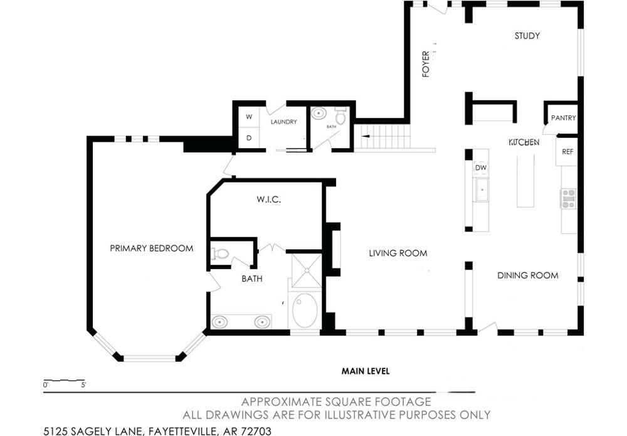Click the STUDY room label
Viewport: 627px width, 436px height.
coord(527,36)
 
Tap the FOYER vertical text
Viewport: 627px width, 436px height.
coord(426,64)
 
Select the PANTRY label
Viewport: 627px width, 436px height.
coord(563,118)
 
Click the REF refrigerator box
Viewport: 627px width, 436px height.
coord(567,152)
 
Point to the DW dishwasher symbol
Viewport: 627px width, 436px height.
coord(481,168)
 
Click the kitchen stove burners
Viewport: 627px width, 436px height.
coord(568,199)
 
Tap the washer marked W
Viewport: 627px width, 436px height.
coord(249,117)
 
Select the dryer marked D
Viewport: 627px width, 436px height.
coord(249,138)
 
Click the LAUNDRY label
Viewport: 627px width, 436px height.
coord(283,122)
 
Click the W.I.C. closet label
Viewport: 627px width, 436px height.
coord(269,199)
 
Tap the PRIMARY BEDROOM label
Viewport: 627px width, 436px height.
coord(152,248)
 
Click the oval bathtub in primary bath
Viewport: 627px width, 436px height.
coord(305,311)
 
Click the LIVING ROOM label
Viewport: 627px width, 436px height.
coord(398,253)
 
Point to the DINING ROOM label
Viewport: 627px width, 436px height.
coord(528,275)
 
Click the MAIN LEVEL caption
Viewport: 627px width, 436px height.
coord(366,371)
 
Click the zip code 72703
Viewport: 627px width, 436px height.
coord(256,431)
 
